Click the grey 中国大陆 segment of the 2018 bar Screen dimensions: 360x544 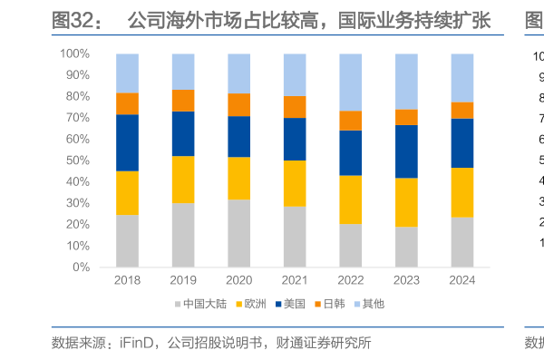(x=127, y=241)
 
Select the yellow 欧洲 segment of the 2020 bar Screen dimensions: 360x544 (x=238, y=178)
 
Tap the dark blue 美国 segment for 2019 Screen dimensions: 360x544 (x=183, y=133)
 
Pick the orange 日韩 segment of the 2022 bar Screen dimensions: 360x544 (x=350, y=121)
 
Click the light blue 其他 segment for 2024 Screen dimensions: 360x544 (x=461, y=78)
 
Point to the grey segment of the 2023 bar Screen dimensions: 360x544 (x=405, y=247)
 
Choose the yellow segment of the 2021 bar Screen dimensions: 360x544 (x=295, y=183)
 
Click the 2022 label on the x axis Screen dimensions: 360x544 (x=350, y=280)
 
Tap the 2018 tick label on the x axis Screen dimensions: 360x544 (x=127, y=280)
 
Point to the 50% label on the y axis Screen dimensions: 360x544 (x=77, y=161)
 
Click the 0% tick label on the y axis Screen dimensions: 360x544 (x=81, y=268)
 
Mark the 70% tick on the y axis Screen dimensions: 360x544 (x=77, y=118)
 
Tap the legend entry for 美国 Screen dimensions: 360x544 (x=299, y=304)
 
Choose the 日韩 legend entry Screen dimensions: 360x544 (x=344, y=304)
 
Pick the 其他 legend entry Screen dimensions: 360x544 (x=388, y=304)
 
